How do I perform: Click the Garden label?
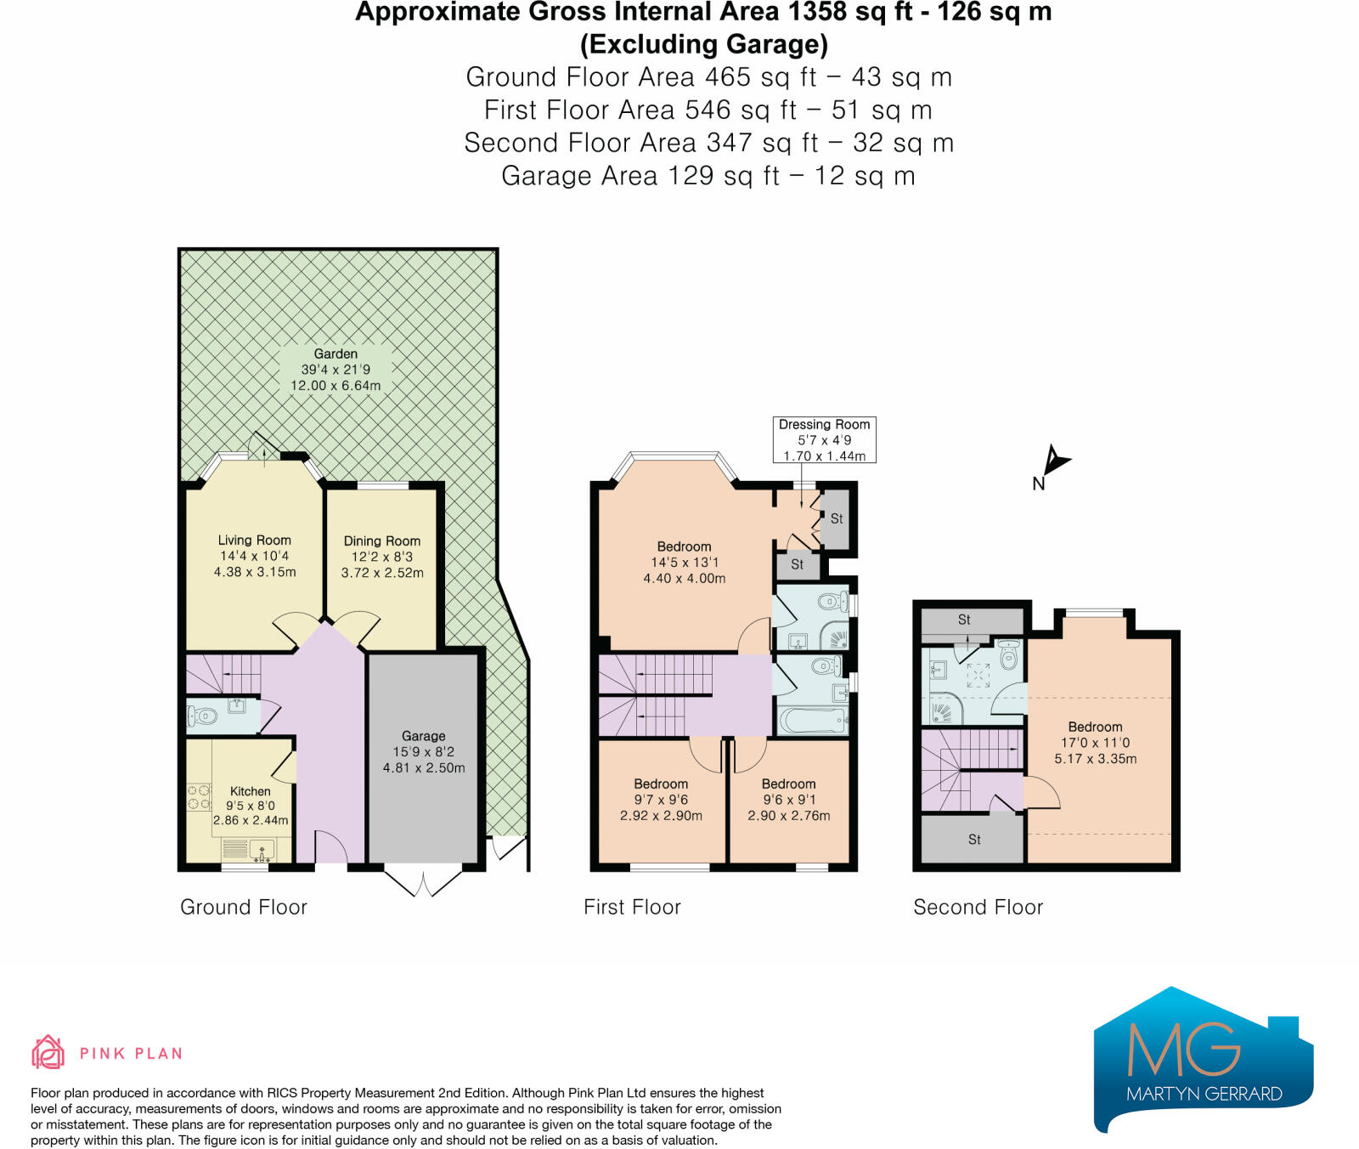tap(336, 369)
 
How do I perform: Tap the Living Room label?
tap(255, 556)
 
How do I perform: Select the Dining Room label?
tap(382, 557)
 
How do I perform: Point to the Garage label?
tap(424, 751)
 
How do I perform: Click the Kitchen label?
tap(251, 806)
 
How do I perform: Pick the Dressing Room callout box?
tap(825, 439)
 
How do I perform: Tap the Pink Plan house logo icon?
tap(48, 1052)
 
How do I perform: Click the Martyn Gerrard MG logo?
tap(1204, 1059)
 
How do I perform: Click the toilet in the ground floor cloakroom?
tap(202, 716)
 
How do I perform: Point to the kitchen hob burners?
tap(200, 796)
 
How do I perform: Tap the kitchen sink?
tap(262, 849)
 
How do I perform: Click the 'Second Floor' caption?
tap(978, 907)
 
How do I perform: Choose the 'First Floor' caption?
tap(632, 907)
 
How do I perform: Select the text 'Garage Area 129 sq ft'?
tap(640, 176)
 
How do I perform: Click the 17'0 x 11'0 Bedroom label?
tap(1096, 743)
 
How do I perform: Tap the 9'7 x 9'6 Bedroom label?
tap(661, 800)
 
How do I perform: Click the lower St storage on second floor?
tap(973, 839)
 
